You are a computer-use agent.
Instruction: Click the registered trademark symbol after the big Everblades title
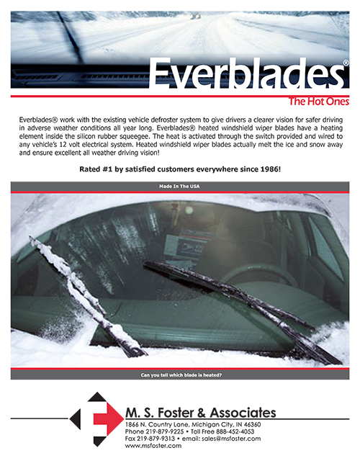[346, 63]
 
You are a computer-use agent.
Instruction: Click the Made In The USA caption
[179, 186]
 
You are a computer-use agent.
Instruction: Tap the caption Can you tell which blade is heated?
[179, 375]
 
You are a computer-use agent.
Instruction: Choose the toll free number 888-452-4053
[233, 431]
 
